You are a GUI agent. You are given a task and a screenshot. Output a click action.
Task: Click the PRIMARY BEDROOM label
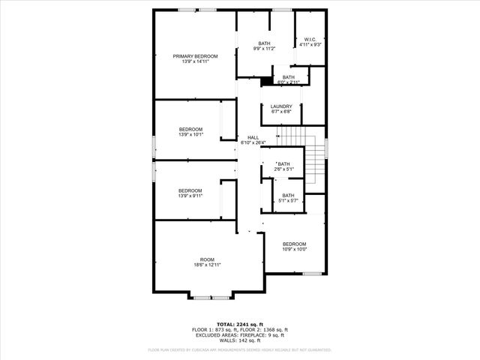point(195,56)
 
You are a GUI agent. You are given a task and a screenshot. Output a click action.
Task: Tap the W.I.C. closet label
point(310,39)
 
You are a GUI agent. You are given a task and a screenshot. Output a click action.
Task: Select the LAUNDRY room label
point(281,106)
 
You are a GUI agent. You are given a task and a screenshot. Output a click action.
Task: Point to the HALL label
point(253,137)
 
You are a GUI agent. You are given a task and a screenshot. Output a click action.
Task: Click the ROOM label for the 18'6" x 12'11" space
point(207,259)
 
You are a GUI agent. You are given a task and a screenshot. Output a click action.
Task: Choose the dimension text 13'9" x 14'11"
point(195,62)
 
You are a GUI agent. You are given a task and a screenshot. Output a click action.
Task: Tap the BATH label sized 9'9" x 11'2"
point(264,43)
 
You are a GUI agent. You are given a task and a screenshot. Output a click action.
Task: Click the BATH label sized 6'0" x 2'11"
point(289,77)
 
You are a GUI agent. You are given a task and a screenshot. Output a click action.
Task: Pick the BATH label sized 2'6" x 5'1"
point(283,163)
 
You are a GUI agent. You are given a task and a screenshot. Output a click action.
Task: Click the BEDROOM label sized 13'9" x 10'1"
point(190,130)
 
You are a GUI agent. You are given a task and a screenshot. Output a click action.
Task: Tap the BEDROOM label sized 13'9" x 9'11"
point(190,190)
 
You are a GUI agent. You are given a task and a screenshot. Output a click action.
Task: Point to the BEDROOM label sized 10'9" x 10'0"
point(294,244)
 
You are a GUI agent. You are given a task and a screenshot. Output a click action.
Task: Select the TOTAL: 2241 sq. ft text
point(240,323)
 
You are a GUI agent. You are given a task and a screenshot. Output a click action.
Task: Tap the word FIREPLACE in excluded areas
point(255,334)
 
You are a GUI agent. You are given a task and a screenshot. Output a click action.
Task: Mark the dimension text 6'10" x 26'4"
point(253,142)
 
